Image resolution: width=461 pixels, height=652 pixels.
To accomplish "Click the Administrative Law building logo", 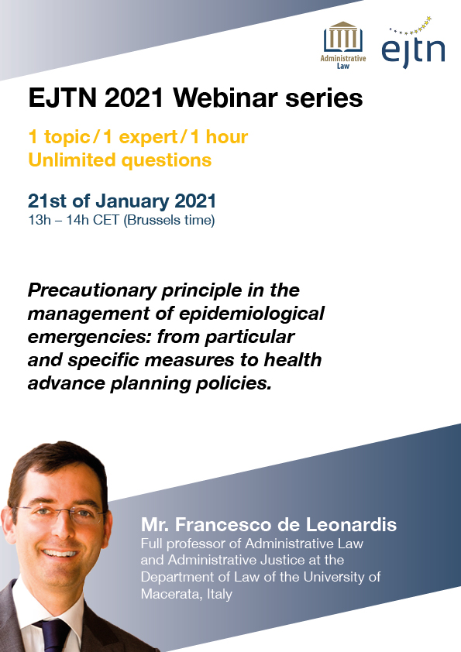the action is pyautogui.click(x=342, y=46).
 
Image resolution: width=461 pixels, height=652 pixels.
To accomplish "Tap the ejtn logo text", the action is pyautogui.click(x=413, y=51).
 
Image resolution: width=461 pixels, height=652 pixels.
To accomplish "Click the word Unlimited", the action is pyautogui.click(x=71, y=160).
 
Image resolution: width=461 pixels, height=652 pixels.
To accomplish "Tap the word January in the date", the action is pyautogui.click(x=132, y=201).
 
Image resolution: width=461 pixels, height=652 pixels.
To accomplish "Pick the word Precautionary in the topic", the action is pyautogui.click(x=92, y=290).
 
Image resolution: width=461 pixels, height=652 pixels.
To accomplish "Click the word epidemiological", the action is pyautogui.click(x=252, y=314).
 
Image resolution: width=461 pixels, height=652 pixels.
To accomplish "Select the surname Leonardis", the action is pyautogui.click(x=351, y=525).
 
